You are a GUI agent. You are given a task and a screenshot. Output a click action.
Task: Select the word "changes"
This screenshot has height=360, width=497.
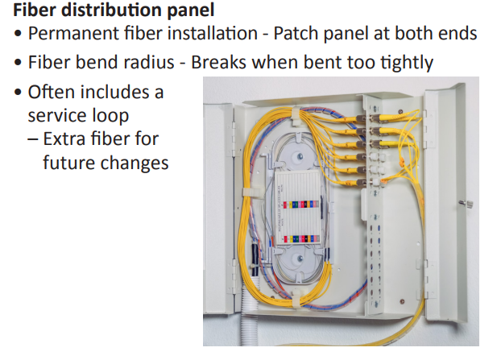click(135, 163)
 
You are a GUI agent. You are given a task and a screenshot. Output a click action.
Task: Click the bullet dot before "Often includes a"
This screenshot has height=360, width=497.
click(18, 93)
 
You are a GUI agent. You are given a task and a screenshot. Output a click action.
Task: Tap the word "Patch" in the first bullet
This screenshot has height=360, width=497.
click(296, 33)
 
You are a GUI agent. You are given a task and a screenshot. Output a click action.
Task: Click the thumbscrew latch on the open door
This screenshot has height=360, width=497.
click(466, 203)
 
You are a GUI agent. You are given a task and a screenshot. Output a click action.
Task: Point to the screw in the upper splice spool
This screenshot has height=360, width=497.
click(299, 156)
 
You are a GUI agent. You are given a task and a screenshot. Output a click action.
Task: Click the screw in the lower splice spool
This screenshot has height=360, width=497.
click(299, 259)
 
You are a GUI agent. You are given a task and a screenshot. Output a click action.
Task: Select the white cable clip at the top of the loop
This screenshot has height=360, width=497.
click(296, 115)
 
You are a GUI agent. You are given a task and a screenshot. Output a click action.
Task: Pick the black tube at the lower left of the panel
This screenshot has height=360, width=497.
click(255, 259)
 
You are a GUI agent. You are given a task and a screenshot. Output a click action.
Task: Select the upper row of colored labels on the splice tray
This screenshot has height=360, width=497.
click(301, 205)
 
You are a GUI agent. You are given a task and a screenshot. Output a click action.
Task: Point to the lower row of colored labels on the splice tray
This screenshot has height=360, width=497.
click(301, 238)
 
